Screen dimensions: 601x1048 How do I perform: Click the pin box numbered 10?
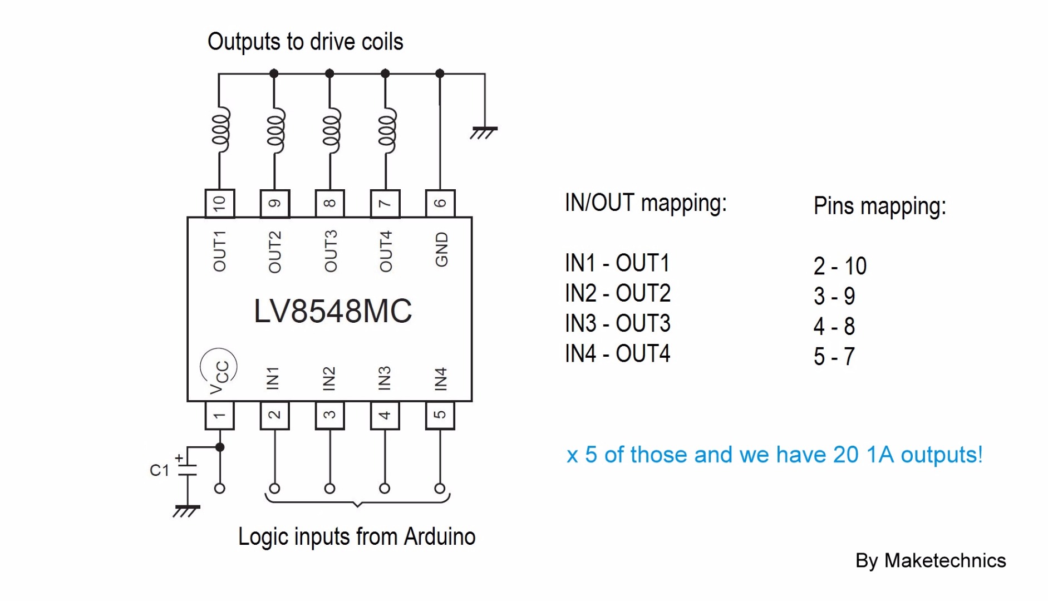pos(219,203)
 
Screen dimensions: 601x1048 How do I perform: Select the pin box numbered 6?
pos(440,203)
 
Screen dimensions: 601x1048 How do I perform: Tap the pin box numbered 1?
pos(219,415)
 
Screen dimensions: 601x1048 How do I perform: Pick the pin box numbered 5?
pos(440,415)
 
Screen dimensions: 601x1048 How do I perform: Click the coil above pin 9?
pos(275,132)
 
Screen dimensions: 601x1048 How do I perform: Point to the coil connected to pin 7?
pos(386,132)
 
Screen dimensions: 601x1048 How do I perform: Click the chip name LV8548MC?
pos(332,311)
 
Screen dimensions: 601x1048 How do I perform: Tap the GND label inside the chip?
pos(441,250)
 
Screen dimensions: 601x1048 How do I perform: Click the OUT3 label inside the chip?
pos(331,251)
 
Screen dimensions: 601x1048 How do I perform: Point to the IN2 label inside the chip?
pos(329,378)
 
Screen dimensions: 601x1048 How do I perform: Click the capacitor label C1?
pos(159,470)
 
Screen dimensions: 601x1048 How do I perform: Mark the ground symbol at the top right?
pos(484,132)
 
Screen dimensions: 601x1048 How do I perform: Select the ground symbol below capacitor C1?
pos(186,511)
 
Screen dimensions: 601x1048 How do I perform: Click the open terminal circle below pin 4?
pos(385,489)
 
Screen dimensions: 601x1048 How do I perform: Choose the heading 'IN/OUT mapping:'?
pos(646,203)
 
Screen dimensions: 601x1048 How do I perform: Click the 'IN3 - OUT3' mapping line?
pos(617,323)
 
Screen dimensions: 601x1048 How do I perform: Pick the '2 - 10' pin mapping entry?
pos(840,266)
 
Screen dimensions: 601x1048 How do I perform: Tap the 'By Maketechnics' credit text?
pos(930,560)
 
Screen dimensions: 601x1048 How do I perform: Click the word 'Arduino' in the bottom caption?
pos(440,537)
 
